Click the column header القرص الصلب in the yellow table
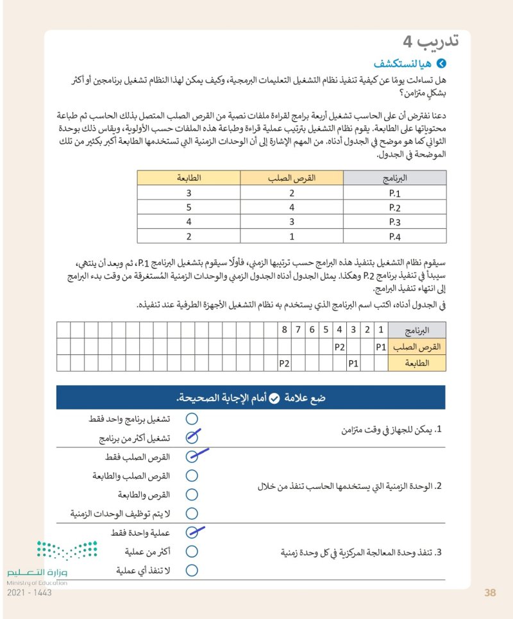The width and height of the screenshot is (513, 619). (x=291, y=177)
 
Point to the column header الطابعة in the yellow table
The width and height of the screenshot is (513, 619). (x=189, y=177)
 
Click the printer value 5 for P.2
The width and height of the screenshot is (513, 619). (x=189, y=207)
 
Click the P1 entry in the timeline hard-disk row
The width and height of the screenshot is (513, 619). (x=381, y=347)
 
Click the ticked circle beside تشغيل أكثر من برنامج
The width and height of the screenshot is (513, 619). (x=191, y=438)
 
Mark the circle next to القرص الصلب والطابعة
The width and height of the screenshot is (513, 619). (x=191, y=476)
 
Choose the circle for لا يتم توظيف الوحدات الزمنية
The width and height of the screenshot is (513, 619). (x=191, y=514)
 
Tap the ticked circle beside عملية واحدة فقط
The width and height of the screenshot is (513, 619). (x=191, y=532)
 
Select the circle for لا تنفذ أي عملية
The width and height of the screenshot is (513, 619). (x=191, y=570)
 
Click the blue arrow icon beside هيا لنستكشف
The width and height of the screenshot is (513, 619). (x=441, y=64)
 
